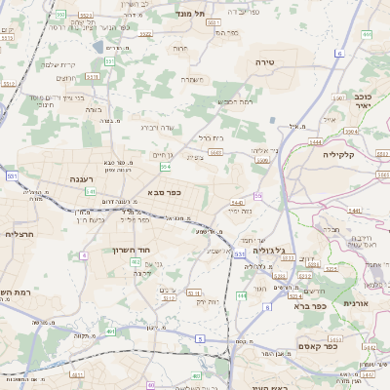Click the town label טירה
click(265, 61)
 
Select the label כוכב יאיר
click(362, 100)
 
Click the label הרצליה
click(19, 234)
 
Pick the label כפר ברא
click(315, 306)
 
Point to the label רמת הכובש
click(235, 101)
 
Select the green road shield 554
click(166, 168)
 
